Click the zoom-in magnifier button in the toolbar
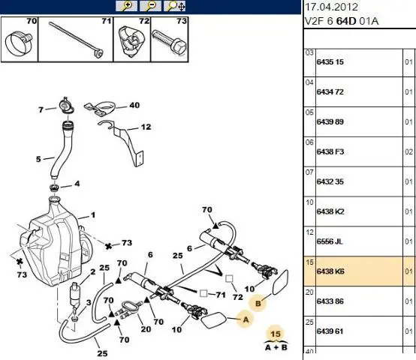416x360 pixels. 126,6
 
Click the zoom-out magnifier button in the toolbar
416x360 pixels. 150,6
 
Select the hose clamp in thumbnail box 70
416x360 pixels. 19,43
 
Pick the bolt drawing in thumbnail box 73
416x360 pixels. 169,42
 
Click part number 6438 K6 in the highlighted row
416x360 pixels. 330,271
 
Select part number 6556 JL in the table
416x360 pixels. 330,241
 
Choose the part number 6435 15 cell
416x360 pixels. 330,62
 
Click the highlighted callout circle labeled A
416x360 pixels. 246,319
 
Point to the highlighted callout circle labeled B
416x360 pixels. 258,303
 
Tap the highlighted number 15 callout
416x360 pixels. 276,334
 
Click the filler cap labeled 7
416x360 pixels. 65,106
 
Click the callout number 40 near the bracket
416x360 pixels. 134,106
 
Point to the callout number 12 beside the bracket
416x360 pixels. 146,127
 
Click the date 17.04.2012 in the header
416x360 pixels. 332,7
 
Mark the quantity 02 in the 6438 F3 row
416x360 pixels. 408,151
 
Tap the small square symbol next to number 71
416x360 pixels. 203,293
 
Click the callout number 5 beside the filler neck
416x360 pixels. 38,159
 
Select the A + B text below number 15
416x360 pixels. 276,347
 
